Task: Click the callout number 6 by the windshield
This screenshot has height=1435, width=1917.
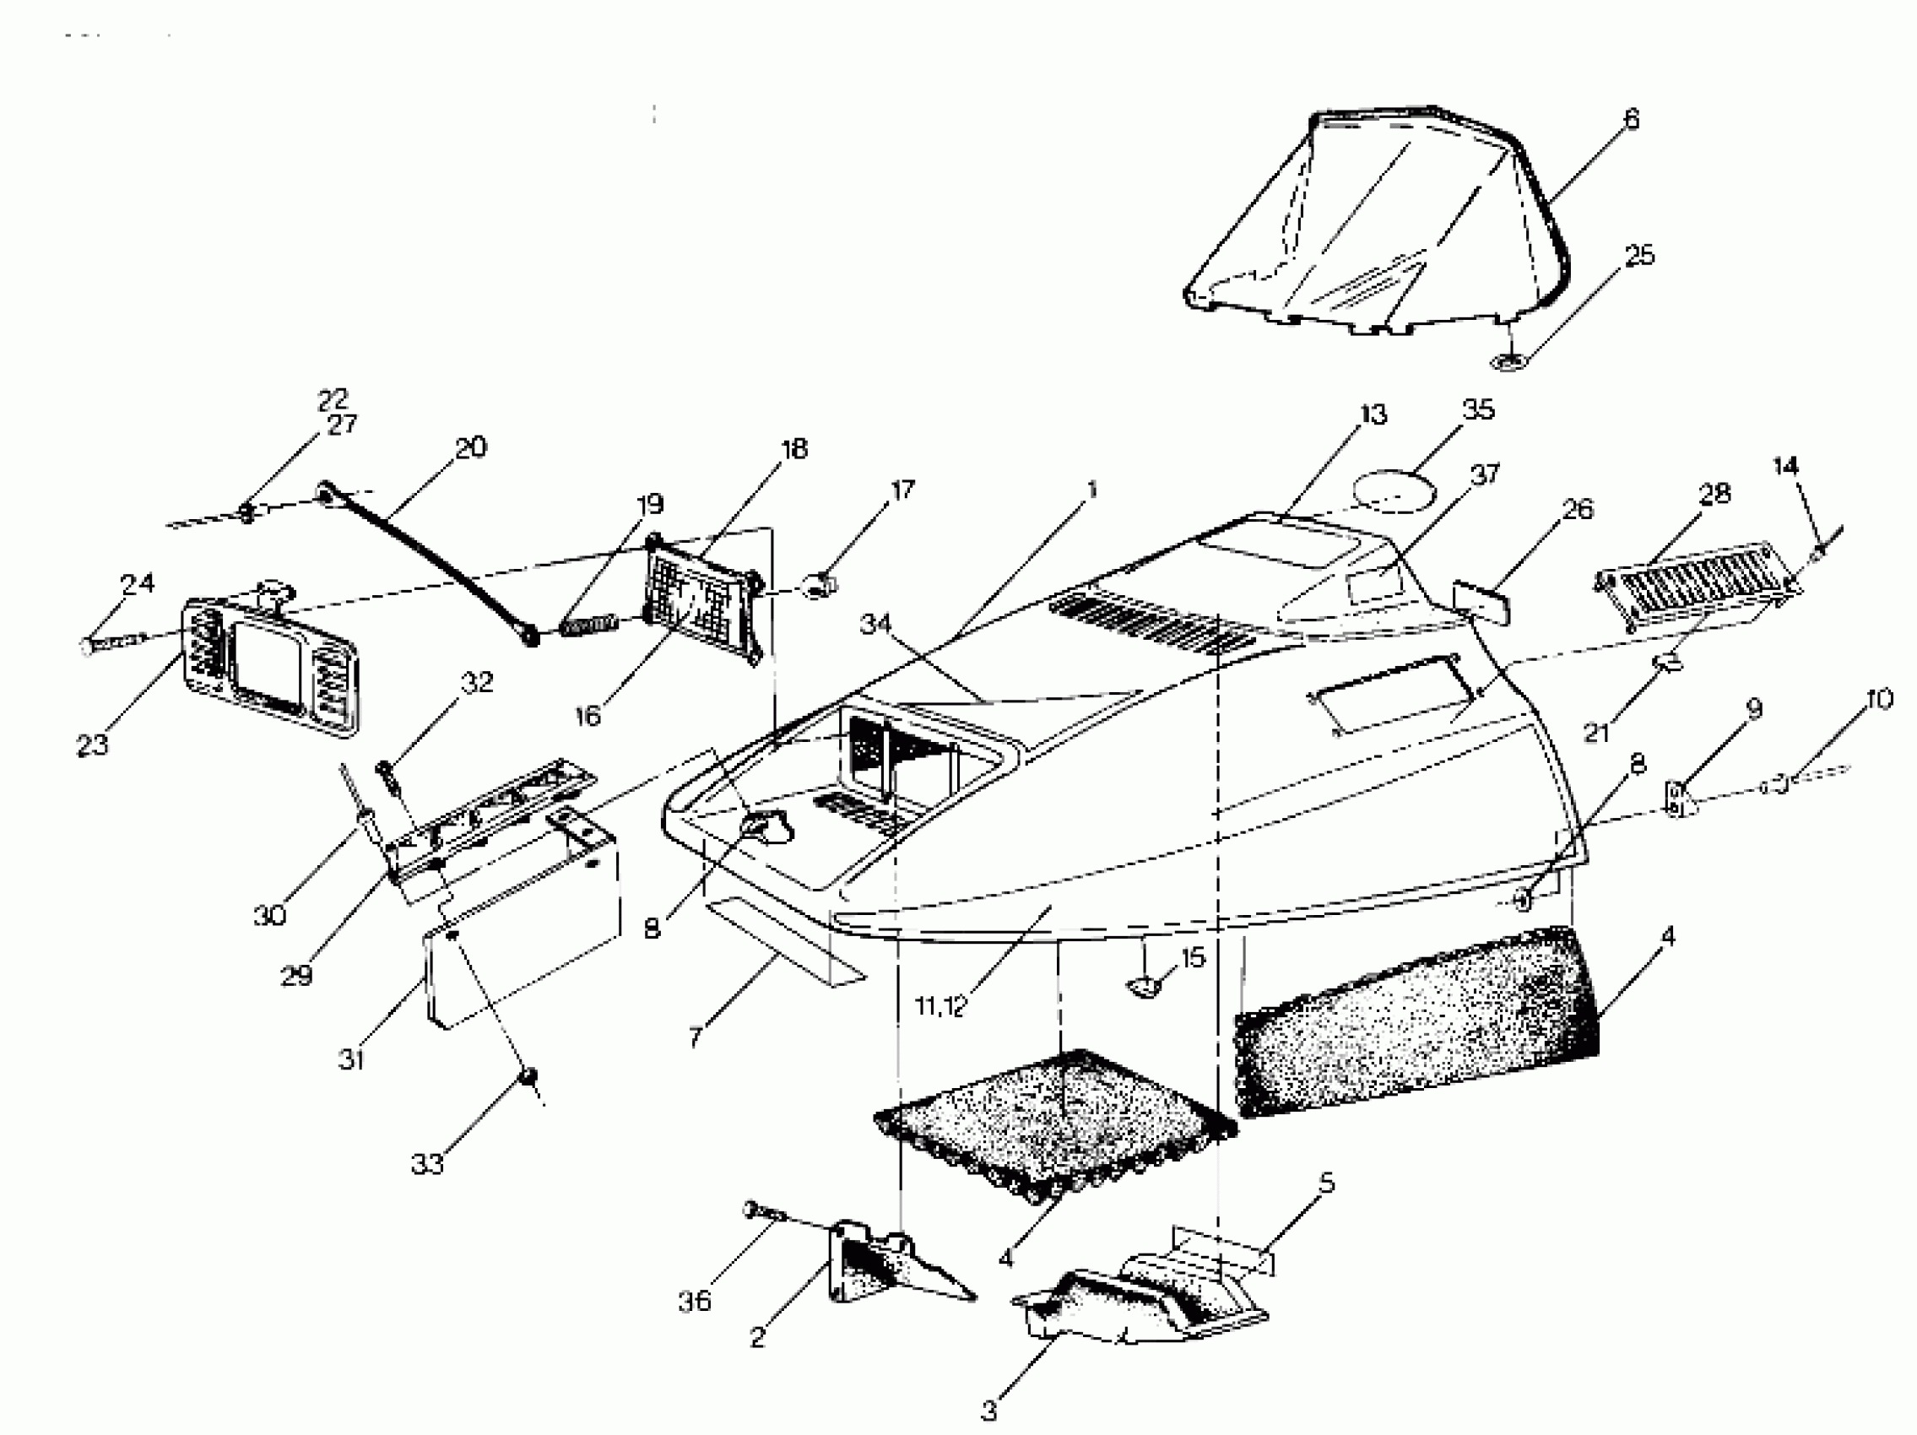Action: coord(1631,119)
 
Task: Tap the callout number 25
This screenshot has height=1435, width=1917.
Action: coord(1638,255)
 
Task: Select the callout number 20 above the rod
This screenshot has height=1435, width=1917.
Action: coord(470,447)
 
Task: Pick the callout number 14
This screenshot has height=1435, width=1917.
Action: coord(1784,466)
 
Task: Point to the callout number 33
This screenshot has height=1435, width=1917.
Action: coord(427,1164)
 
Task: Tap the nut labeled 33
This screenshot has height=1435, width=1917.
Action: coord(527,1076)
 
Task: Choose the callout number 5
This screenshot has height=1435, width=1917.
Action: coord(1325,1183)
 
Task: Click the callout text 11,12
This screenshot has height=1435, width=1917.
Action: coord(940,1007)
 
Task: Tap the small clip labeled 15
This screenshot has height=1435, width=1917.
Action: coord(1141,986)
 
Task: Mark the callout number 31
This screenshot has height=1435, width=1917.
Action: coord(351,1059)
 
